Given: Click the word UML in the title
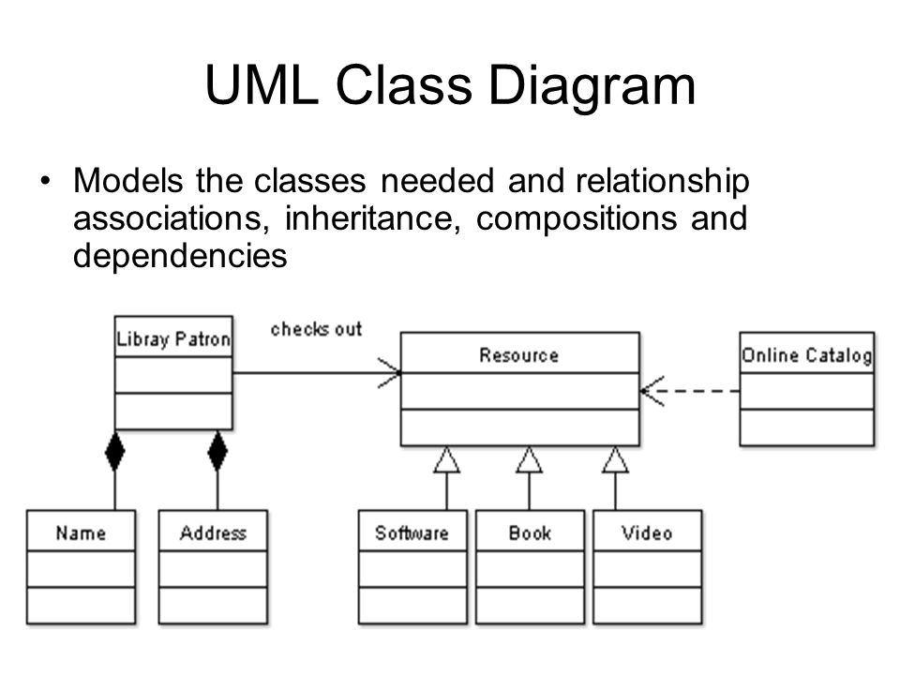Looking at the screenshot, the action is [x=262, y=85].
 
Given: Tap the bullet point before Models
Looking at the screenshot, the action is [x=45, y=181].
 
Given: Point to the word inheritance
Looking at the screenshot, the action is [x=372, y=218].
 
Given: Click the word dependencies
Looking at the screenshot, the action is [x=180, y=257].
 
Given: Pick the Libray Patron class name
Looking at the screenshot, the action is [x=173, y=338].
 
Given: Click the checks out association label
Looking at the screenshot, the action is [x=316, y=329].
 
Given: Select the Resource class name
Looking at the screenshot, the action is [x=518, y=355].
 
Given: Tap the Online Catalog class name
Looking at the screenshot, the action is [x=806, y=355].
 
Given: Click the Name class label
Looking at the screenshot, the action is [x=81, y=533].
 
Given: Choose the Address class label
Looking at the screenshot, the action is [x=213, y=533].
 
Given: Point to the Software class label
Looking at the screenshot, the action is [x=412, y=533].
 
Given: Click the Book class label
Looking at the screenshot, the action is [x=530, y=533].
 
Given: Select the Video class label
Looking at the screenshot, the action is [x=647, y=533].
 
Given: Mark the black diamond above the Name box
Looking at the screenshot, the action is [x=114, y=451].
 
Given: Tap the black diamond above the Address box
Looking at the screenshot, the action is [x=217, y=451].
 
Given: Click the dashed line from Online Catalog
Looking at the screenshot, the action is [x=690, y=391].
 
